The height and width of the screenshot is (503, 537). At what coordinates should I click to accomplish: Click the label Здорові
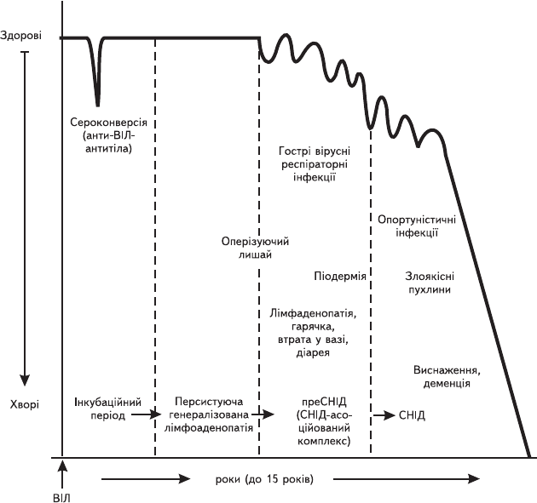(x=21, y=36)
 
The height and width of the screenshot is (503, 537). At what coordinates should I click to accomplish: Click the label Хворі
(x=25, y=404)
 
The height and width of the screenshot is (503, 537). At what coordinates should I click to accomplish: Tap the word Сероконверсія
(x=108, y=123)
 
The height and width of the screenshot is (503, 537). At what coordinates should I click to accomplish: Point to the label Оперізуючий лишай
(x=255, y=248)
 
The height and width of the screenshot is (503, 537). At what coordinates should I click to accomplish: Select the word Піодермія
(x=340, y=276)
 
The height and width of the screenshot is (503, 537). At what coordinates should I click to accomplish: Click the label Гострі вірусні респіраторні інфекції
(x=315, y=164)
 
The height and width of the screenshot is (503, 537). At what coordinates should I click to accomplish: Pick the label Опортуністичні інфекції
(x=417, y=226)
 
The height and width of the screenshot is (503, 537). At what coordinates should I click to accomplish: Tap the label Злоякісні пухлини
(x=430, y=283)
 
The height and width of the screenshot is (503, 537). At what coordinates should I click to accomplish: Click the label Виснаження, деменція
(x=447, y=377)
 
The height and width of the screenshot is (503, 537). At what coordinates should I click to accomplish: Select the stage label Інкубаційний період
(x=107, y=409)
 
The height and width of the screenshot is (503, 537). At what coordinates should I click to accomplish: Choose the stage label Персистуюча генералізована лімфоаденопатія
(x=209, y=414)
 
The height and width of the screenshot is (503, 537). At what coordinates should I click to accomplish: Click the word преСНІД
(x=324, y=401)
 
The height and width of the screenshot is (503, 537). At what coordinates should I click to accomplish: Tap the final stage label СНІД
(x=412, y=415)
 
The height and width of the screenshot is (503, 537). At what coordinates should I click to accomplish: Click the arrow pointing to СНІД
(x=384, y=415)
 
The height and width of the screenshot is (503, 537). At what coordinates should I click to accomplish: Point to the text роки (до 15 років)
(x=264, y=479)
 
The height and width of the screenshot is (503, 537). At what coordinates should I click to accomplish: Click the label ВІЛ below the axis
(x=61, y=498)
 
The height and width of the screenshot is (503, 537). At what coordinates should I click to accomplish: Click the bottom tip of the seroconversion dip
(x=98, y=106)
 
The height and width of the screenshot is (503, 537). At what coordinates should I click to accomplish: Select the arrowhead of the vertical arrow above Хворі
(x=25, y=380)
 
